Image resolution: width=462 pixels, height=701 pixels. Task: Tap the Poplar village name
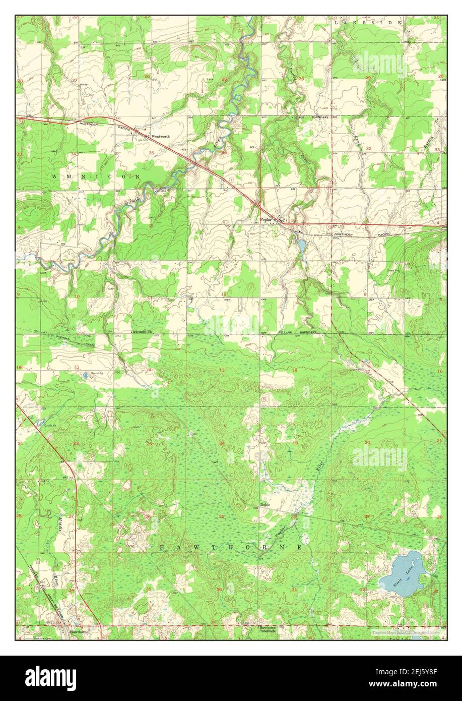coord(266,219)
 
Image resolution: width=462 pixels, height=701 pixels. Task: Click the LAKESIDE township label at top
coord(368,23)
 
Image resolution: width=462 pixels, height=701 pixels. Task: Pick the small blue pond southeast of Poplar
coord(301,246)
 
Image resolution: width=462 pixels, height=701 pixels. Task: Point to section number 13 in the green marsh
coord(222,370)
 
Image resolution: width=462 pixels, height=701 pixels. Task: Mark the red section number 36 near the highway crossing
coord(223,151)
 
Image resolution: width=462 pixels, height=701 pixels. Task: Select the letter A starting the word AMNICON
coord(54,177)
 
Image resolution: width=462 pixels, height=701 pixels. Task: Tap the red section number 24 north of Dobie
coord(222,444)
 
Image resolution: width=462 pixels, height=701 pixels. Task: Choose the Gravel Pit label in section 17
coord(356,370)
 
